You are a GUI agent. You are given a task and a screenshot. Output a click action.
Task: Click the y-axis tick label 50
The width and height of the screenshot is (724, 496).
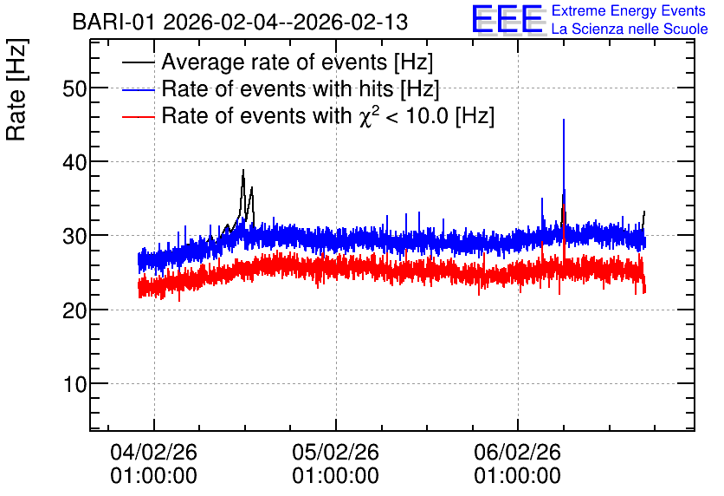click(x=74, y=88)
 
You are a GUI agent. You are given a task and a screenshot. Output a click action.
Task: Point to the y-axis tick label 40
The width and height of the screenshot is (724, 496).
click(x=74, y=162)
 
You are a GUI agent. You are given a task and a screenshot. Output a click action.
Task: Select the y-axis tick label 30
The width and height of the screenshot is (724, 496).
click(x=74, y=236)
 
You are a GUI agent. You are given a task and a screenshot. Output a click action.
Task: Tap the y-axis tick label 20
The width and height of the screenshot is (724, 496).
click(x=74, y=310)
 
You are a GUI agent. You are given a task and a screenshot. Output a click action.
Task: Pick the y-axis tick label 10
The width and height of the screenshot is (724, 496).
click(x=74, y=384)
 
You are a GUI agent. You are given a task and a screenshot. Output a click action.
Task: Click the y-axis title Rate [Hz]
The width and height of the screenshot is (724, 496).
click(x=16, y=89)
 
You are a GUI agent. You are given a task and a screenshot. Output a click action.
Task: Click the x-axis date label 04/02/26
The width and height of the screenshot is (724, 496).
click(x=154, y=452)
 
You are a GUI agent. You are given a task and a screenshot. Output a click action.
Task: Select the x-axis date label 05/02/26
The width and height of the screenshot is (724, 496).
click(x=336, y=452)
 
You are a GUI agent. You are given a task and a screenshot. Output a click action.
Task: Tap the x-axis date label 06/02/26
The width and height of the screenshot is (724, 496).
click(x=518, y=452)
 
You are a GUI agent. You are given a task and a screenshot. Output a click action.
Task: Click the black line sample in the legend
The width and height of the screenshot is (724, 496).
click(x=139, y=62)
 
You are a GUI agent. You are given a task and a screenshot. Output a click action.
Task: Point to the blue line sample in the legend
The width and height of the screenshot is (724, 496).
click(x=139, y=90)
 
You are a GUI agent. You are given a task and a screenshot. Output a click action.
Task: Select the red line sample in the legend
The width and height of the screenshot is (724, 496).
click(x=139, y=117)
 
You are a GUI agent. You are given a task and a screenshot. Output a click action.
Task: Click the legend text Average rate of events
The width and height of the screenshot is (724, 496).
click(x=275, y=62)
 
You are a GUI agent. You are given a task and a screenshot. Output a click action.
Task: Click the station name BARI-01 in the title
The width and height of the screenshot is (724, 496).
click(x=114, y=23)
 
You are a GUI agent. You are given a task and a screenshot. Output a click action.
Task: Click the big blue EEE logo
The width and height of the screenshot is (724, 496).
click(x=507, y=19)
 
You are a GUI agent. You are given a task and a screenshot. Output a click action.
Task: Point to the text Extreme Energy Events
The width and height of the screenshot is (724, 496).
click(x=629, y=10)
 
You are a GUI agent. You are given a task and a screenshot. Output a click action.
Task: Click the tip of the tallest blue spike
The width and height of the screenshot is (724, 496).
click(x=564, y=120)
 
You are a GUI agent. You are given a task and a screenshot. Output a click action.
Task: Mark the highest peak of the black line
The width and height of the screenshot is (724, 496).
click(x=243, y=170)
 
